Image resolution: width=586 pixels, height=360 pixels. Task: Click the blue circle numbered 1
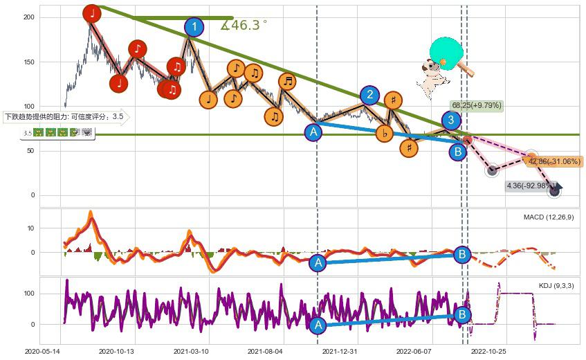pyautogui.click(x=194, y=27)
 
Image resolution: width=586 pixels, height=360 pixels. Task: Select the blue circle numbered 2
pyautogui.click(x=370, y=95)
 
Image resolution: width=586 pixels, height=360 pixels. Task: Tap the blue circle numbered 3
pyautogui.click(x=451, y=120)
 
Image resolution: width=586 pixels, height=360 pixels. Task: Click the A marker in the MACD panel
pyautogui.click(x=318, y=262)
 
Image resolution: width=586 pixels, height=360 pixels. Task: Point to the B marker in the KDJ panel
pyautogui.click(x=463, y=315)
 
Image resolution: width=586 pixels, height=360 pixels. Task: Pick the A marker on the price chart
pyautogui.click(x=313, y=132)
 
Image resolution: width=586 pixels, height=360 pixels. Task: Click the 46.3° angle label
pyautogui.click(x=244, y=25)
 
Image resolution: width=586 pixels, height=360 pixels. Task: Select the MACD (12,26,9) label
pyautogui.click(x=549, y=217)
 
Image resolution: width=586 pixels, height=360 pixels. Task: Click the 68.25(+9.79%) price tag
pyautogui.click(x=476, y=105)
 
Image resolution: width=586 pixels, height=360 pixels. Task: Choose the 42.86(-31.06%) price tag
pyautogui.click(x=554, y=161)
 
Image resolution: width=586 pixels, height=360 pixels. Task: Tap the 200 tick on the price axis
pyautogui.click(x=28, y=16)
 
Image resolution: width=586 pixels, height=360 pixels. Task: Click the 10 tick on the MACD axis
pyautogui.click(x=30, y=227)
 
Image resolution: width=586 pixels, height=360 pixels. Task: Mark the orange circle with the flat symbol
pyautogui.click(x=384, y=134)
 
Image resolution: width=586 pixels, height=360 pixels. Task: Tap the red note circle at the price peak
pyautogui.click(x=92, y=13)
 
